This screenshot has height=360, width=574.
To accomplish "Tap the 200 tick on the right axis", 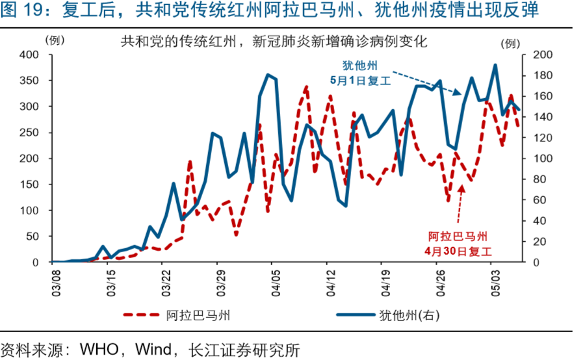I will tap(541, 55).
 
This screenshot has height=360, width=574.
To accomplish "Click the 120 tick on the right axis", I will tap(541, 138).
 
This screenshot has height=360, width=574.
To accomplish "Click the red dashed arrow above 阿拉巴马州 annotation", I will tap(461, 205).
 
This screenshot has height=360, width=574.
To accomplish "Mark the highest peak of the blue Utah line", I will tap(495, 65).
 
